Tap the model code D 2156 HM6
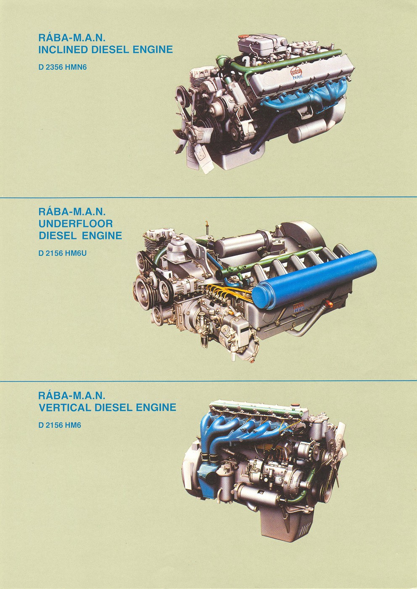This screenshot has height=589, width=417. pyautogui.click(x=59, y=425)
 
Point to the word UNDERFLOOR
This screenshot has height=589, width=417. pyautogui.click(x=76, y=223)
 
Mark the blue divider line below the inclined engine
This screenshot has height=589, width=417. pyautogui.click(x=208, y=197)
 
